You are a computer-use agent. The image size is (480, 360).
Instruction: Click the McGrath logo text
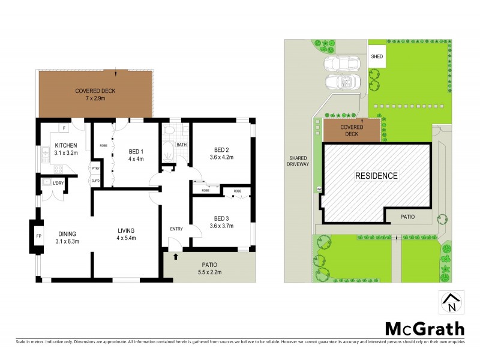[x=424, y=328]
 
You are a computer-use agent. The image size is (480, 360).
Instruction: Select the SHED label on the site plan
[x=377, y=56]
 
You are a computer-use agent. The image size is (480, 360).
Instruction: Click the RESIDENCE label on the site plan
[x=376, y=176]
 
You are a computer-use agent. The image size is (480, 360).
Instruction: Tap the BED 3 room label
[x=221, y=218]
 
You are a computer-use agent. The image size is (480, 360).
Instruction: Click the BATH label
[x=181, y=145]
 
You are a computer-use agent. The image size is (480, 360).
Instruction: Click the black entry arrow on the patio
[x=176, y=257]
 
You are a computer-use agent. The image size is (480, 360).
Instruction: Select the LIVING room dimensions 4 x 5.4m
[x=126, y=238]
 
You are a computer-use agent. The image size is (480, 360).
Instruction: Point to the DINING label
[x=67, y=234]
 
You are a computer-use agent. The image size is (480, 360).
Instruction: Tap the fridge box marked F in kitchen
[x=64, y=128]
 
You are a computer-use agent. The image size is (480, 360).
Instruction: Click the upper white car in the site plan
[x=341, y=64]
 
